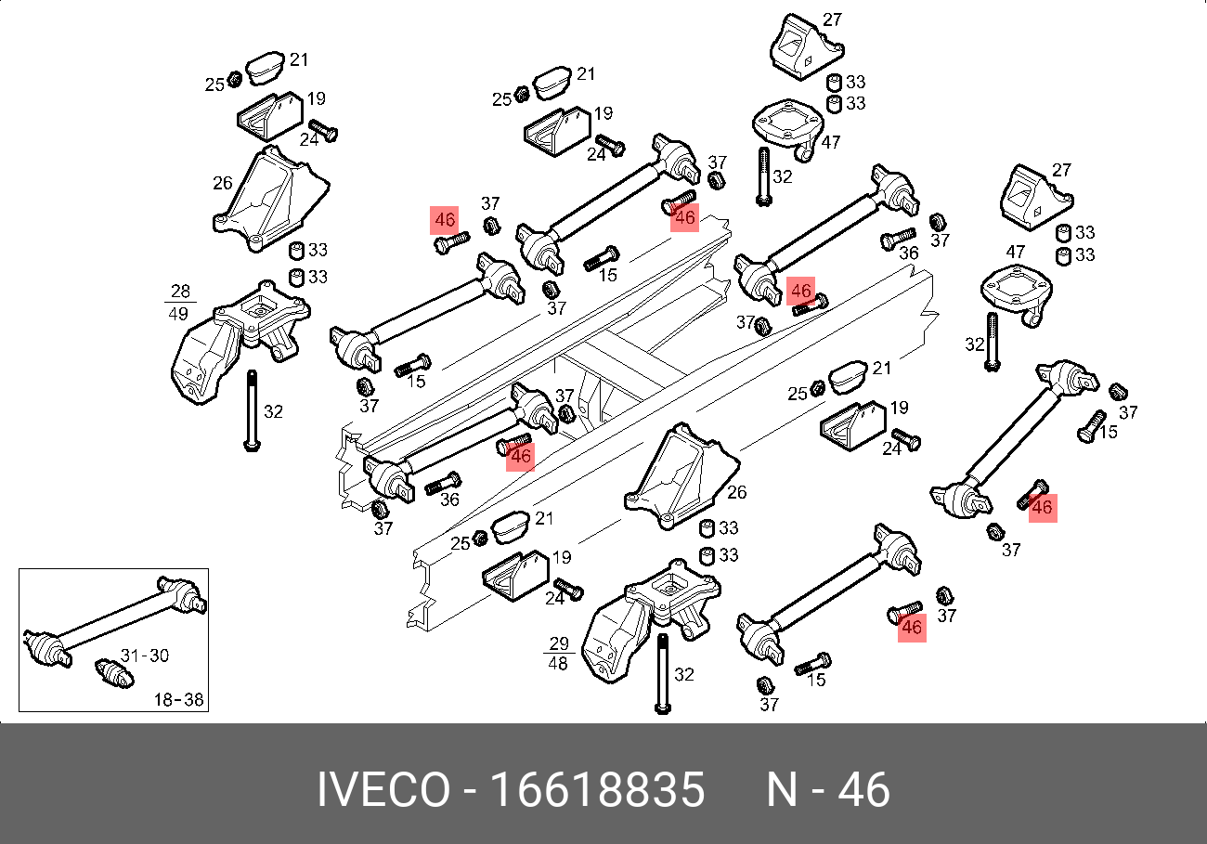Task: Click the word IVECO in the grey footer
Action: [383, 791]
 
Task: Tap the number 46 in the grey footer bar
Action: [863, 791]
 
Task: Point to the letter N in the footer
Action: [782, 791]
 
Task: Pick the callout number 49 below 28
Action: [178, 314]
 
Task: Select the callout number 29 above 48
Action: [557, 643]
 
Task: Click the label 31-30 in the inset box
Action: [145, 656]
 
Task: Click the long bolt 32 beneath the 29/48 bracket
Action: [662, 673]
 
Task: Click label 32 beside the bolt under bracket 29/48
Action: [684, 674]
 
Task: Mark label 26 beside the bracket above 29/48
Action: [737, 493]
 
